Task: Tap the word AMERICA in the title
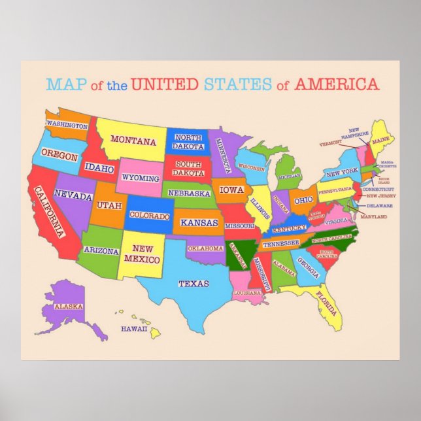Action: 336,84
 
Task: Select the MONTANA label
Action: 133,140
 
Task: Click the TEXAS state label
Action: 194,284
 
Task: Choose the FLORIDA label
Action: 325,298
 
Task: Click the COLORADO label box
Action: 150,215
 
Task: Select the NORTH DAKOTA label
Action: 188,142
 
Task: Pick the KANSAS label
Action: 199,223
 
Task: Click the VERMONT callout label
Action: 331,143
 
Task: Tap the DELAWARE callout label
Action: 379,205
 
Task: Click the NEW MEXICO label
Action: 143,253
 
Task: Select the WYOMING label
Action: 141,178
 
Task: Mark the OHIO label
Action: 303,201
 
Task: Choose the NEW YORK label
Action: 342,173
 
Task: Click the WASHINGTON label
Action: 67,125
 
